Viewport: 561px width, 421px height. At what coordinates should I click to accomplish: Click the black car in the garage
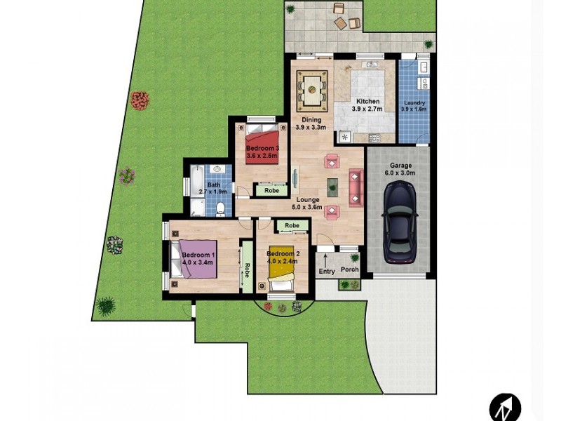[400, 222]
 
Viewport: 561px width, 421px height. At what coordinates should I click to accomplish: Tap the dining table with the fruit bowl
[312, 90]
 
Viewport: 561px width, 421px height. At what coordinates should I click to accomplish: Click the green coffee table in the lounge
[332, 187]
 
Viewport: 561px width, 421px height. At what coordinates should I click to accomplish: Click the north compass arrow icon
[505, 407]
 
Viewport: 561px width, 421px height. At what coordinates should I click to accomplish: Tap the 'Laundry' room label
[414, 102]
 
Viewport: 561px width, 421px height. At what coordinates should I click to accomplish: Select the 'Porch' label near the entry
[349, 269]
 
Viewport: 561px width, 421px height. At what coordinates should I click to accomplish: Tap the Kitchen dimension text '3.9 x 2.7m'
[367, 109]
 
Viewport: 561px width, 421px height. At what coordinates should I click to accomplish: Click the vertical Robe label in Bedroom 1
[247, 269]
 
